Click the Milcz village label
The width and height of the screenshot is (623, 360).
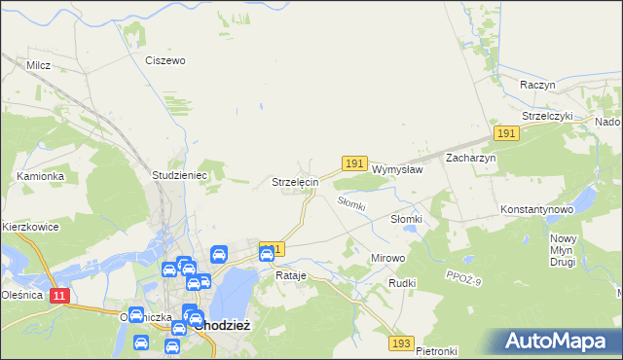39,65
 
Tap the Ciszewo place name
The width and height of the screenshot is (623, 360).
165,60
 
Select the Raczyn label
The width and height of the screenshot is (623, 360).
537,85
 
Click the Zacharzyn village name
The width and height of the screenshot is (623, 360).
471,158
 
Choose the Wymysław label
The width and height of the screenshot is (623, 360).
397,168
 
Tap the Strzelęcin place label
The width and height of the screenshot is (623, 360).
294,182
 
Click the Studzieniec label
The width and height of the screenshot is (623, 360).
176,175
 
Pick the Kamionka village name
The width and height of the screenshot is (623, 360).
40,176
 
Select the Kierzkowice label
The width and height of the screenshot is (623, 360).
31,227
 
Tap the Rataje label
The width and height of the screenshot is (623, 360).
291,275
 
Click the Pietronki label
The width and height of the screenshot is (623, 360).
436,350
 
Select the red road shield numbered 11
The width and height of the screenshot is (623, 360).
59,295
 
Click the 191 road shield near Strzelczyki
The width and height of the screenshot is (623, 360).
504,132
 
